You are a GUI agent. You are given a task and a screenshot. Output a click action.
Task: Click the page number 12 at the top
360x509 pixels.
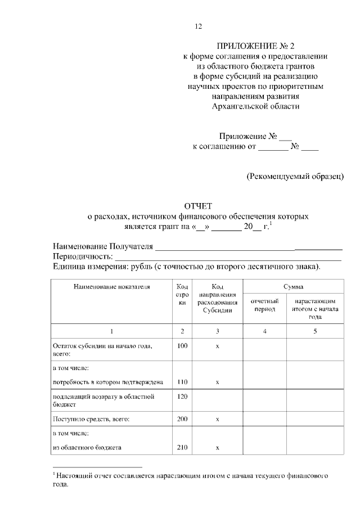[197, 26]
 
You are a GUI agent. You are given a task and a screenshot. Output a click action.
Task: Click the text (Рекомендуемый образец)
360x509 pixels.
[295, 176]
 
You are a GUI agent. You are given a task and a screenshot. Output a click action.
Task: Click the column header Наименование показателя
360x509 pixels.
[111, 286]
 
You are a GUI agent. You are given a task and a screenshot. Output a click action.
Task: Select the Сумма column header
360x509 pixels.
[293, 286]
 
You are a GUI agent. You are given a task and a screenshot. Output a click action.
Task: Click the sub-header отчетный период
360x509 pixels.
[265, 305]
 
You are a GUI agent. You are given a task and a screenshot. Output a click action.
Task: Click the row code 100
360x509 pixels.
[182, 346]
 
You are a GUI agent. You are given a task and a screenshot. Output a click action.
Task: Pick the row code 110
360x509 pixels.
[182, 382]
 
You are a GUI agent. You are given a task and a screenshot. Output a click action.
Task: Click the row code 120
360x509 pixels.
[182, 396]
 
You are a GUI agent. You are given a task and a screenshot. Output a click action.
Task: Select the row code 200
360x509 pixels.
[182, 419]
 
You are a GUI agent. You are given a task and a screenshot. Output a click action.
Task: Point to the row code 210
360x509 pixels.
[182, 448]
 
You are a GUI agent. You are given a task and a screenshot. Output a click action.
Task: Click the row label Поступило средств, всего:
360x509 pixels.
[91, 419]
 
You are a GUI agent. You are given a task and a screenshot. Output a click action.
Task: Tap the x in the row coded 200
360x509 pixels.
[217, 419]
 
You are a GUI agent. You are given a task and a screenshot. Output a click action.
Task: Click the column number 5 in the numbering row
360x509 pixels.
[315, 331]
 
